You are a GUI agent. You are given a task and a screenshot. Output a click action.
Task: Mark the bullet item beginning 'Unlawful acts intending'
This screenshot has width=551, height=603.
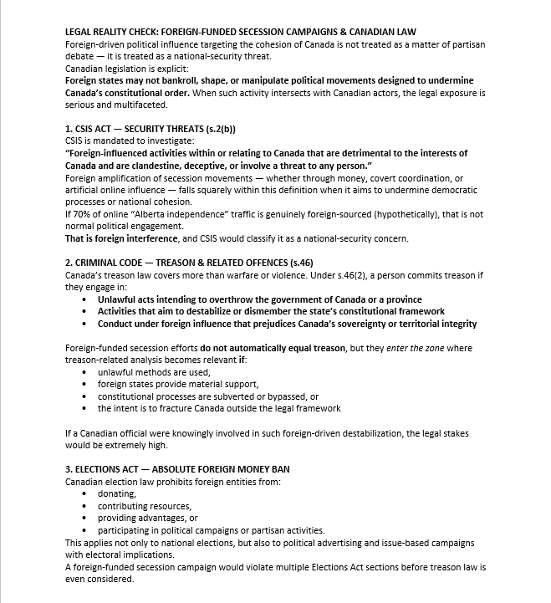tap(259, 299)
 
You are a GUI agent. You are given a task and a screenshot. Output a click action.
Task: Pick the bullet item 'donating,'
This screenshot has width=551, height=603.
tap(116, 494)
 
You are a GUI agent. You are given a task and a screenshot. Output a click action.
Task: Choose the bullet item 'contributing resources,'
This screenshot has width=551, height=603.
tap(144, 506)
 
